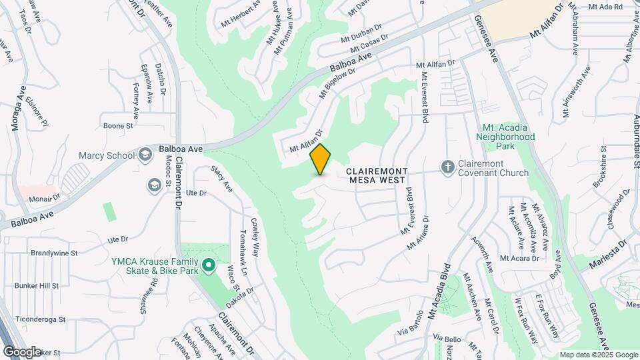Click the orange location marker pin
pos(321,159)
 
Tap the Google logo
pos(22,351)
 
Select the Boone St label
pos(119,125)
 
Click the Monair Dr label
pos(44,197)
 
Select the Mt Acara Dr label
pos(519,258)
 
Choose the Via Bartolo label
pos(411,325)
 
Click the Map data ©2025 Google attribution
pos(599,355)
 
